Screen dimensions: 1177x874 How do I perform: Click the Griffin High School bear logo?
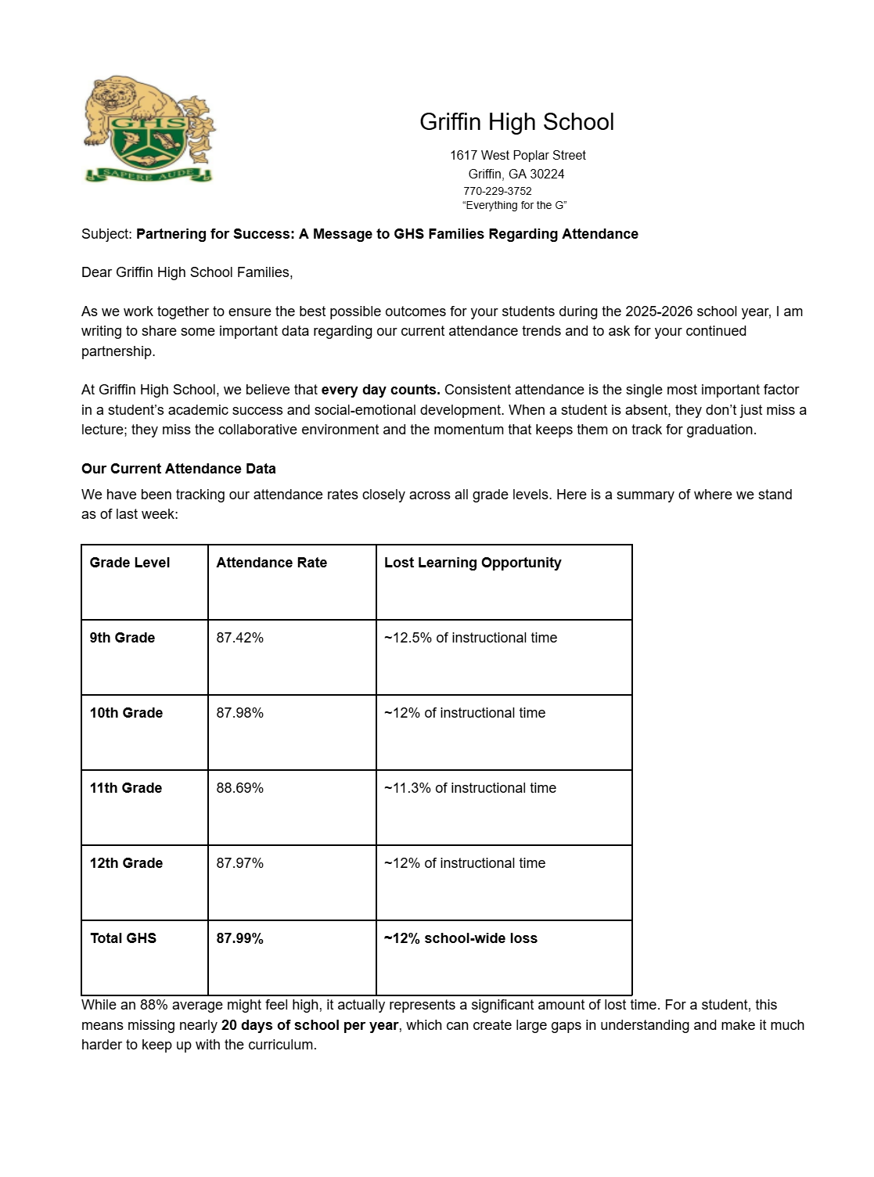click(x=149, y=129)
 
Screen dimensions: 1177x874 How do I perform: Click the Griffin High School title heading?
click(x=516, y=122)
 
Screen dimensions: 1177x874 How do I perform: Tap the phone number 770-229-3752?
click(x=497, y=191)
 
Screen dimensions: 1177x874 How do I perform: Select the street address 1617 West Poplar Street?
click(x=517, y=156)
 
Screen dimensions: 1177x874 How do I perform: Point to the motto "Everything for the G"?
click(x=514, y=206)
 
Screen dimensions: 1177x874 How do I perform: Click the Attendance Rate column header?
click(x=272, y=563)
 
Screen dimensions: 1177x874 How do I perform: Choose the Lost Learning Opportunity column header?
click(x=473, y=563)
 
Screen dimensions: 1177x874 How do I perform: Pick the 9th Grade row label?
click(x=122, y=638)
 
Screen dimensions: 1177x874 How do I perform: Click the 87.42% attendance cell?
click(x=239, y=638)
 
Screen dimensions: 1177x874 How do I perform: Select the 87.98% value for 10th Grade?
click(x=239, y=713)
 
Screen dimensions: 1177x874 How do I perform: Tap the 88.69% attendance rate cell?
click(x=239, y=788)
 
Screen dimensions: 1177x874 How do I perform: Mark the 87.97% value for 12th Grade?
click(x=239, y=863)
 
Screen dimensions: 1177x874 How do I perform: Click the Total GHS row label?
click(x=123, y=938)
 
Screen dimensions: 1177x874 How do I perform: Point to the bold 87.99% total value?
click(x=239, y=938)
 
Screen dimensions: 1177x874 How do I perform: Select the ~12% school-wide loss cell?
click(x=461, y=938)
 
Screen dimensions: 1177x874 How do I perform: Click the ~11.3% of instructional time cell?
click(x=470, y=788)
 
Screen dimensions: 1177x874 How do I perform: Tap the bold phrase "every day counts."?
click(x=380, y=390)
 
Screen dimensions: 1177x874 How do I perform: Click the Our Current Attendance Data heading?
click(x=178, y=469)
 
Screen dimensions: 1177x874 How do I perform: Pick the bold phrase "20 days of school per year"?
click(x=309, y=1025)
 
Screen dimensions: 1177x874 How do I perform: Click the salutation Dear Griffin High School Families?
click(x=187, y=272)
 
